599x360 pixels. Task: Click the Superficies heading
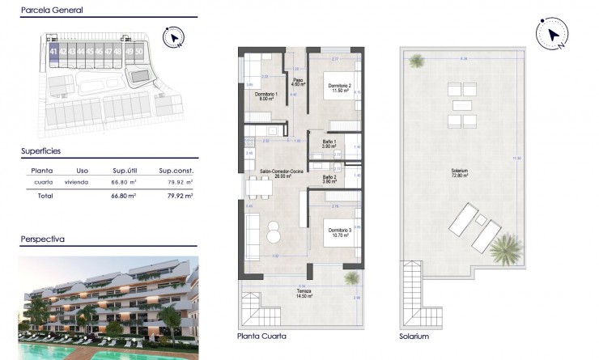pos(40,150)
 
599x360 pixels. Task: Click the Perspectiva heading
pos(42,239)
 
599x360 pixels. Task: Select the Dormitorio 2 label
pos(339,87)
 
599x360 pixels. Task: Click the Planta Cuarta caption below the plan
pos(261,336)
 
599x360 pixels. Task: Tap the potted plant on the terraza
pos(350,277)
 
